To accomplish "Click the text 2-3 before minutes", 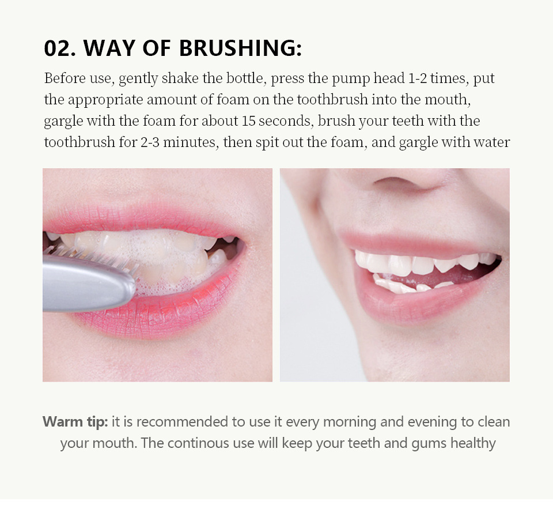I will pos(149,142).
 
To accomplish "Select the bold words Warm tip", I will pos(75,422).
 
